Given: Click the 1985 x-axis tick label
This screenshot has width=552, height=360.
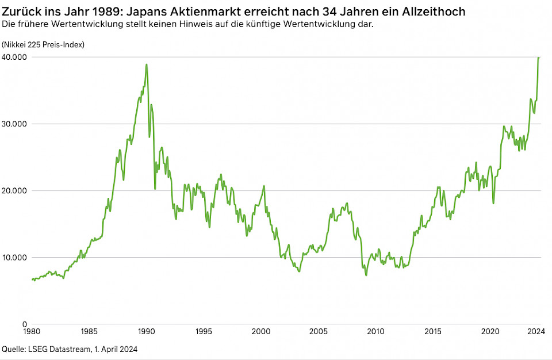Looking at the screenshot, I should (89, 332).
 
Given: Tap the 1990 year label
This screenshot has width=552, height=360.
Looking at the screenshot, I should (146, 332).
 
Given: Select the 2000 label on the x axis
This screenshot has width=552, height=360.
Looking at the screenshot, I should (261, 332).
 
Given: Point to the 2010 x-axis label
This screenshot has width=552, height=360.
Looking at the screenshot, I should (375, 332).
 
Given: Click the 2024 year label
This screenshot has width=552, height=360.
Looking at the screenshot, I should (536, 332).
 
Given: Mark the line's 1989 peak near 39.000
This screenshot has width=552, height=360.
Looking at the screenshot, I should (147, 64).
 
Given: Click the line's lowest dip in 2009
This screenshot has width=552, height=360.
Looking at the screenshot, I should (366, 275).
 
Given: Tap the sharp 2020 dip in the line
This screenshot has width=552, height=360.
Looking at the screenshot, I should (493, 202).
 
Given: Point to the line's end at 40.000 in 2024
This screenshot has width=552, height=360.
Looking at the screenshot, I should (539, 58).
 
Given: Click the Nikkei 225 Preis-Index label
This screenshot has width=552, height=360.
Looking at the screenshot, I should (43, 45).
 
